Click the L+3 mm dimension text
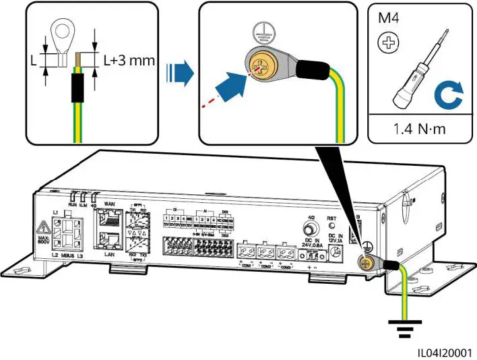(129, 60)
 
